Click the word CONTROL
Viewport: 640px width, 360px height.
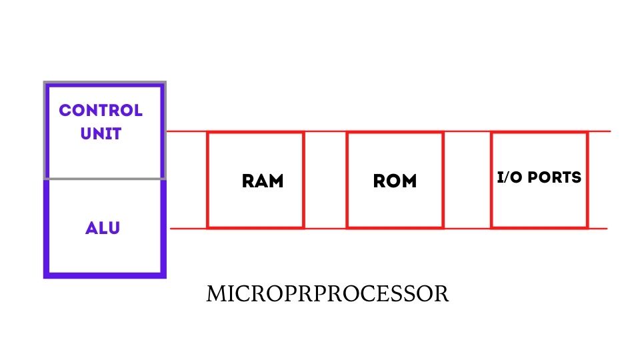click(101, 111)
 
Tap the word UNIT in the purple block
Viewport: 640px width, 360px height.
click(101, 133)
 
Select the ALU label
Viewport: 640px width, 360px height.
click(103, 228)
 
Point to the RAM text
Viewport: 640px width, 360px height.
click(263, 181)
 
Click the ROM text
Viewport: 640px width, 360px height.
click(395, 181)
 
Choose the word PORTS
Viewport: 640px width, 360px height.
click(553, 178)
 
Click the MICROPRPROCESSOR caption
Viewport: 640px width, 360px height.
click(327, 294)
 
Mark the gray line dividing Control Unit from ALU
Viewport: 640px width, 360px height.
click(104, 179)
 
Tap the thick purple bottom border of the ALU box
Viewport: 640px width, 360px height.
click(104, 274)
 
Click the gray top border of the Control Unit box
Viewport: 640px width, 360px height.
click(104, 83)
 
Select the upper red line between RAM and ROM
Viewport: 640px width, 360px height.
click(325, 131)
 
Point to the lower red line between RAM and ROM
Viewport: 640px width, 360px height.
click(325, 228)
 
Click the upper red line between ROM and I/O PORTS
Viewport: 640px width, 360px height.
click(467, 131)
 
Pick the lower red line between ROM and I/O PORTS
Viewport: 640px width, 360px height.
click(467, 228)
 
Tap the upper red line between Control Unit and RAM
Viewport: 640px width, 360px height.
click(186, 131)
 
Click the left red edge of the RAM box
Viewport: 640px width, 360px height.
click(208, 180)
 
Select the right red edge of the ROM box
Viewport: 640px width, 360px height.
click(443, 180)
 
